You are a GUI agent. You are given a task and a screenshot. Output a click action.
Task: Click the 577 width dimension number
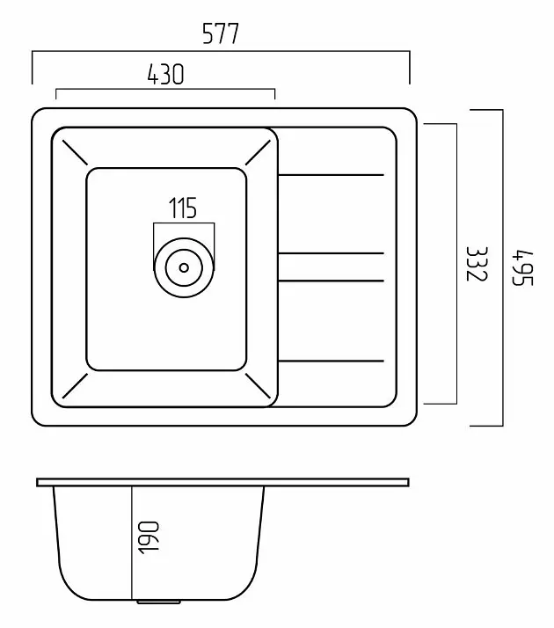221,33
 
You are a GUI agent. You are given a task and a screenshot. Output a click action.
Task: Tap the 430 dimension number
165,74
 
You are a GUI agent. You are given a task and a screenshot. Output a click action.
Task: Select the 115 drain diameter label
183,208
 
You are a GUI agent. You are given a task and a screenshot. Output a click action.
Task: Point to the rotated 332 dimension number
477,264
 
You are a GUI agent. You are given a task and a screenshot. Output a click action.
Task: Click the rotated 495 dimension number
523,267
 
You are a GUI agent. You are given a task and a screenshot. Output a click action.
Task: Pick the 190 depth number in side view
148,537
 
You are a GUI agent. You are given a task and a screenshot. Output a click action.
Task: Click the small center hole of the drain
184,267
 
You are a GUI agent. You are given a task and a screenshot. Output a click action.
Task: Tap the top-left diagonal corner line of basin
74,152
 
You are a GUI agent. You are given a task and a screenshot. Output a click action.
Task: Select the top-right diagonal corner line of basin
258,152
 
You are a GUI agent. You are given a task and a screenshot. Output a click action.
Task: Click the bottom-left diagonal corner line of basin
75,386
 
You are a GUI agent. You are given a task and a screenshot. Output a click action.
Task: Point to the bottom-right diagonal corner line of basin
258,386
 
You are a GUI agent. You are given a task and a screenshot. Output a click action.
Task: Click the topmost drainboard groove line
331,175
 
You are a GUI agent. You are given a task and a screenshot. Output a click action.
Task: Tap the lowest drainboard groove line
331,361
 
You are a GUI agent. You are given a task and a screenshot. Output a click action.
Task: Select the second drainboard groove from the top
331,253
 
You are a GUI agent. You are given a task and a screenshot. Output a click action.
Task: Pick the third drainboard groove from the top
331,281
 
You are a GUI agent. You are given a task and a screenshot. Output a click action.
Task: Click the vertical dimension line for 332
456,264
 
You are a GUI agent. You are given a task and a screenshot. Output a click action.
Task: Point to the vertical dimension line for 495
503,267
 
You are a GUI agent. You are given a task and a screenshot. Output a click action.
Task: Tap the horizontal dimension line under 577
221,51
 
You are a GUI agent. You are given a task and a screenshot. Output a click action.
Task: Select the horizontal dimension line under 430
165,89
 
